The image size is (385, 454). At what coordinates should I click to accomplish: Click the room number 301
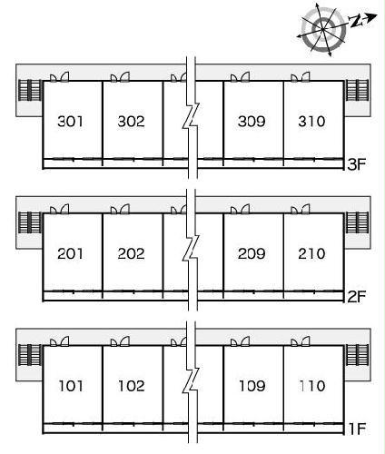pos(70,122)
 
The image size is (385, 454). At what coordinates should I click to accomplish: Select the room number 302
pos(131,122)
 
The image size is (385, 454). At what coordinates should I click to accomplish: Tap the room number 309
pos(252,122)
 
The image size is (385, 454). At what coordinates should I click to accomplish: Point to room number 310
pos(311,122)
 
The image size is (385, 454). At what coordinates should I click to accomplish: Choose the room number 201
pos(70,253)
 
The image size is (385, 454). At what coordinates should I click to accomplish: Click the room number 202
pos(131,253)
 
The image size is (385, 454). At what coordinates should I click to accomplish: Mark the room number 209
pos(252,253)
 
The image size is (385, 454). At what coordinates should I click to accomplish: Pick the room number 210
pos(311,253)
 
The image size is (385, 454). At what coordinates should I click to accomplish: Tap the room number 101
pos(71,386)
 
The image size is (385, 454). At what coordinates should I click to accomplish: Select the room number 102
pos(132,386)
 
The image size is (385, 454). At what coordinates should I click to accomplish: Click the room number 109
pos(252,386)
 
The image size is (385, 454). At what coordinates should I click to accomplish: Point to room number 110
pos(312,386)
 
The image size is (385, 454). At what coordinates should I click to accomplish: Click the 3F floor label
pos(357,164)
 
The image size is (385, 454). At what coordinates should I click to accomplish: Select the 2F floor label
pos(357,297)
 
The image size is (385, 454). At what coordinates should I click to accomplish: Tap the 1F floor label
pos(358,429)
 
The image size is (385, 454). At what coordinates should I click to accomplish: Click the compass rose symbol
pos(323,29)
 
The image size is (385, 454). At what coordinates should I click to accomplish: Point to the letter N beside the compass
pos(356,21)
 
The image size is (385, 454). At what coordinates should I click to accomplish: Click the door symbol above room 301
pos(59,77)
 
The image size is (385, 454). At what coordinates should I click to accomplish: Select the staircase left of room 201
pos(30,222)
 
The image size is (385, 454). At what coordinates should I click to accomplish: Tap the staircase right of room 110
pos(357,355)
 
